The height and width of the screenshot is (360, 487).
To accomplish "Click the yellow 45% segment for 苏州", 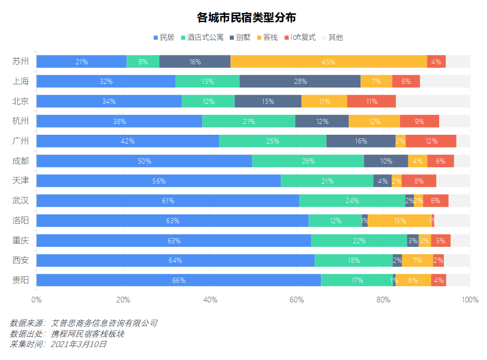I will [x=329, y=62].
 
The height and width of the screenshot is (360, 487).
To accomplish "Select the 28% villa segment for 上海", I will [x=300, y=81].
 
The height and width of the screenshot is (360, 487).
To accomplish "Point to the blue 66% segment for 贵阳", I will [x=178, y=280].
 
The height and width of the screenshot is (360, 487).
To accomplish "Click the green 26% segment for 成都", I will [x=308, y=161].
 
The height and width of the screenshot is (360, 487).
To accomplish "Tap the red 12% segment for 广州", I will [x=431, y=141].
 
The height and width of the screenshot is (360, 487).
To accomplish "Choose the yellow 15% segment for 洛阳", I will [x=400, y=221].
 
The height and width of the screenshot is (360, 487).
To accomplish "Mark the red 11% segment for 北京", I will [x=371, y=101].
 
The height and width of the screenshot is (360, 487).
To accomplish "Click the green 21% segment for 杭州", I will [x=248, y=121].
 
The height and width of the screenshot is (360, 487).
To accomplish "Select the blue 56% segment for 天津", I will [x=158, y=181].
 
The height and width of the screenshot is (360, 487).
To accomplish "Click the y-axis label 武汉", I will [x=21, y=201].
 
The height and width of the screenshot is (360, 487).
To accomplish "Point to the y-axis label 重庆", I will [x=21, y=241].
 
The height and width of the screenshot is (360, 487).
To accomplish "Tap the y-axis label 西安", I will [x=21, y=260].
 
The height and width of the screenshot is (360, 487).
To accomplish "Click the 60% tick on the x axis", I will [x=297, y=300].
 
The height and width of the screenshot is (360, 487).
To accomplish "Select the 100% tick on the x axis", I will [x=470, y=300].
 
